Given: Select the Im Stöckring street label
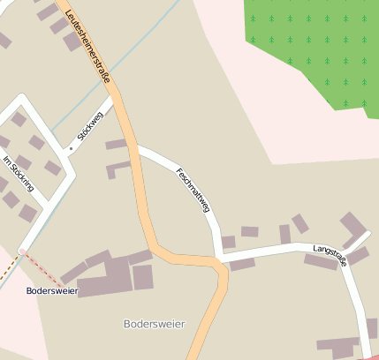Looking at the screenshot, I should click(x=19, y=174).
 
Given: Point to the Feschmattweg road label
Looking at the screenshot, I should click(x=193, y=190).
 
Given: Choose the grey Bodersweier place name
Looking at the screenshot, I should click(x=155, y=324).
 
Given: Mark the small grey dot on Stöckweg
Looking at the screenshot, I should click(x=71, y=148).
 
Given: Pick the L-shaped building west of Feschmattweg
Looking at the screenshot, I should click(x=117, y=167).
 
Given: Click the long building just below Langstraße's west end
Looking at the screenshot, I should click(x=242, y=264).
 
